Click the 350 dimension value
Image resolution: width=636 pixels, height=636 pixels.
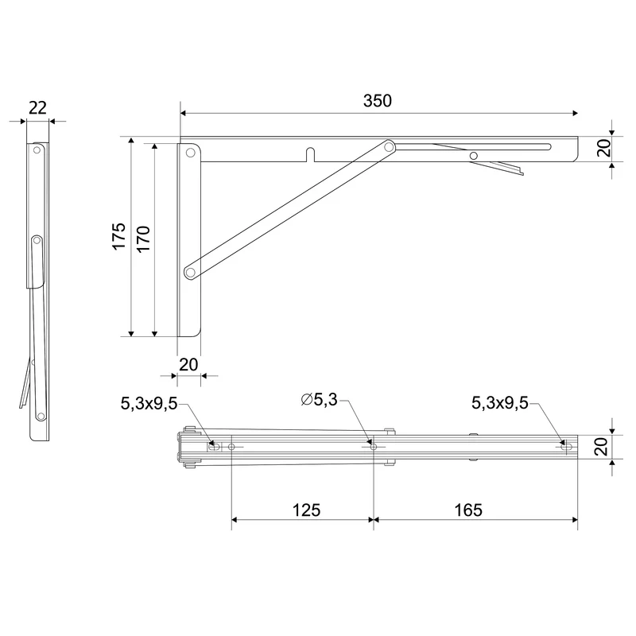coord(377,101)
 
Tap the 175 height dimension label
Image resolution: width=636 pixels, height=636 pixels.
coord(119,236)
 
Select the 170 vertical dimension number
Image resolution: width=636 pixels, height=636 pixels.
coord(143,239)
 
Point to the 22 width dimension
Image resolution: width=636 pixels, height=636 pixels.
coord(37,108)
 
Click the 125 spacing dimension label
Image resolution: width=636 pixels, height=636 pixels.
coord(306,510)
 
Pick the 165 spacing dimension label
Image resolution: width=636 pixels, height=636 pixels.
coord(468,510)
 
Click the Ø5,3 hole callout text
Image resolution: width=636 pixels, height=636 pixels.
coord(320,400)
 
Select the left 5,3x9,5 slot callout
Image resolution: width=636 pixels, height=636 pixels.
coord(149,403)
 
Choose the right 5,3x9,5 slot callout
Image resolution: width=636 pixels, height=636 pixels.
coord(500,403)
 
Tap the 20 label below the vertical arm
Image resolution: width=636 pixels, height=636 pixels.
coord(188,365)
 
